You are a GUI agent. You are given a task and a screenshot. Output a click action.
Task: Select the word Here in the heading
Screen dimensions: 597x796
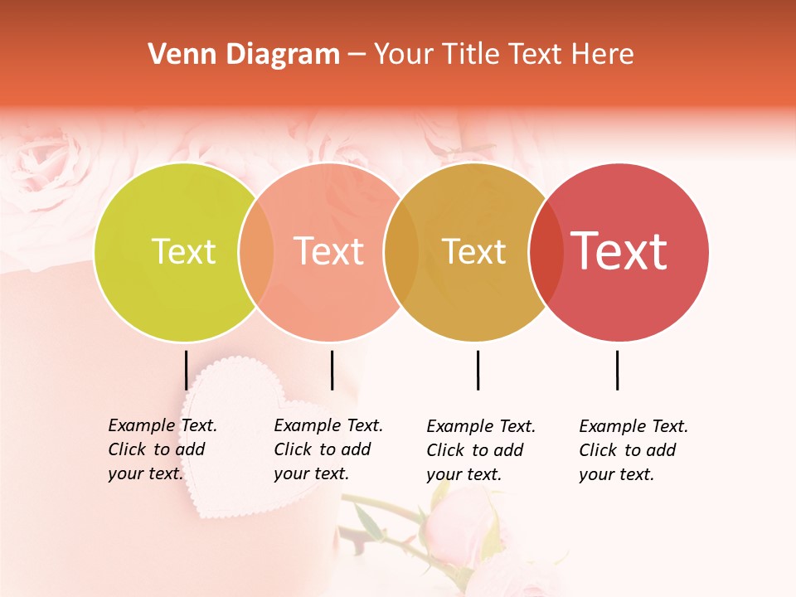tap(603, 55)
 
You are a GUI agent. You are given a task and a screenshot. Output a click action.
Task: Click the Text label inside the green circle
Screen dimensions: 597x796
tap(183, 251)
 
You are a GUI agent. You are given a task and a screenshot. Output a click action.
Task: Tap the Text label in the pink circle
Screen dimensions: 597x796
tap(329, 251)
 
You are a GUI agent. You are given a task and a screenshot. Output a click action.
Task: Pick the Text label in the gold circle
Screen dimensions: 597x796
tap(473, 252)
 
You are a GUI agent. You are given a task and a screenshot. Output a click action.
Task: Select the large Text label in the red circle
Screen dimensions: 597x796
tap(619, 251)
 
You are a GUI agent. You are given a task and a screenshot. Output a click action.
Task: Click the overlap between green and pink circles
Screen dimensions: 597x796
tap(256, 252)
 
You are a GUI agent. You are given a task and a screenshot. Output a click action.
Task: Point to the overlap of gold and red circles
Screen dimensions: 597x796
tap(546, 252)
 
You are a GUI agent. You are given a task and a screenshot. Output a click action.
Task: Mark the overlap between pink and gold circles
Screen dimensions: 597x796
tap(401, 252)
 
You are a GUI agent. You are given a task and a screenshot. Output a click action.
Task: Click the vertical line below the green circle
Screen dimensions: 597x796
tap(187, 370)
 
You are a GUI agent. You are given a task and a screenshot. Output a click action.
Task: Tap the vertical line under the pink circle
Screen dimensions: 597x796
tap(332, 370)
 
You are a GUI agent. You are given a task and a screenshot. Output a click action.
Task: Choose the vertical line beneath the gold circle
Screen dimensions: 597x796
tap(478, 370)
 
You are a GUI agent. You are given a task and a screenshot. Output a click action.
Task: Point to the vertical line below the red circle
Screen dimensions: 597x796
tap(617, 370)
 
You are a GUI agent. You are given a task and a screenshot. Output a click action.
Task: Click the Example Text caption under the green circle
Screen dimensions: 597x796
tap(162, 449)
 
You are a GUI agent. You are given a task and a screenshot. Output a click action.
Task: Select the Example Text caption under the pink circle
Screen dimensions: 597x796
tap(328, 449)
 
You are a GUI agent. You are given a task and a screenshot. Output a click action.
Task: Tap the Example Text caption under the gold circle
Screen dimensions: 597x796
tap(480, 449)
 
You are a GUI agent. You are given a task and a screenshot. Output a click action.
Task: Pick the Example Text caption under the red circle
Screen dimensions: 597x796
tap(633, 449)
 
